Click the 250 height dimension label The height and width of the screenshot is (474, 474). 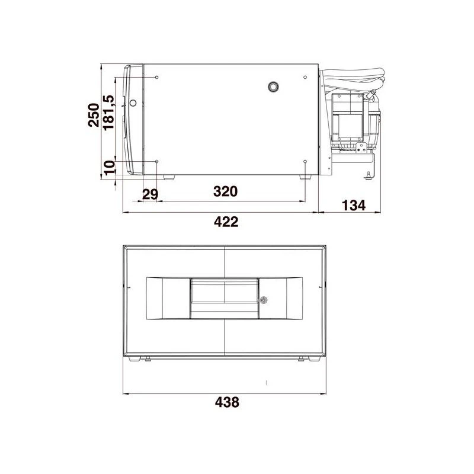(94, 115)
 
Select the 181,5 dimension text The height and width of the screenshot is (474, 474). (109, 113)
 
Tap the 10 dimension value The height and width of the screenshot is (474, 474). (110, 168)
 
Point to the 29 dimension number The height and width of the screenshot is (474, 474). (150, 194)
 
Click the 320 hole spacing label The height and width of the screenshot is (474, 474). (226, 191)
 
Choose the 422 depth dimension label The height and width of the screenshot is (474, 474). (226, 222)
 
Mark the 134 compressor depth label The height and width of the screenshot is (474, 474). (354, 206)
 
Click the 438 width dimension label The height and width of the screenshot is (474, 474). (227, 402)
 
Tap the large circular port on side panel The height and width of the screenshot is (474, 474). (273, 87)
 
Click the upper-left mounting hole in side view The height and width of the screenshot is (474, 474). (157, 78)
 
